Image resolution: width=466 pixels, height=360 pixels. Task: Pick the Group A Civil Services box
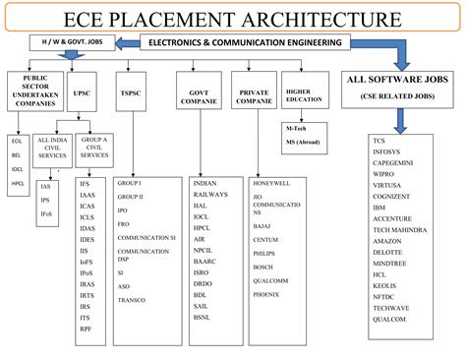pyautogui.click(x=94, y=149)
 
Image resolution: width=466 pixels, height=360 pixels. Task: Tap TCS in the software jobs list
pyautogui.click(x=379, y=141)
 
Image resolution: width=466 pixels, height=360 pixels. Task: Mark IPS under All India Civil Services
pyautogui.click(x=46, y=199)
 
